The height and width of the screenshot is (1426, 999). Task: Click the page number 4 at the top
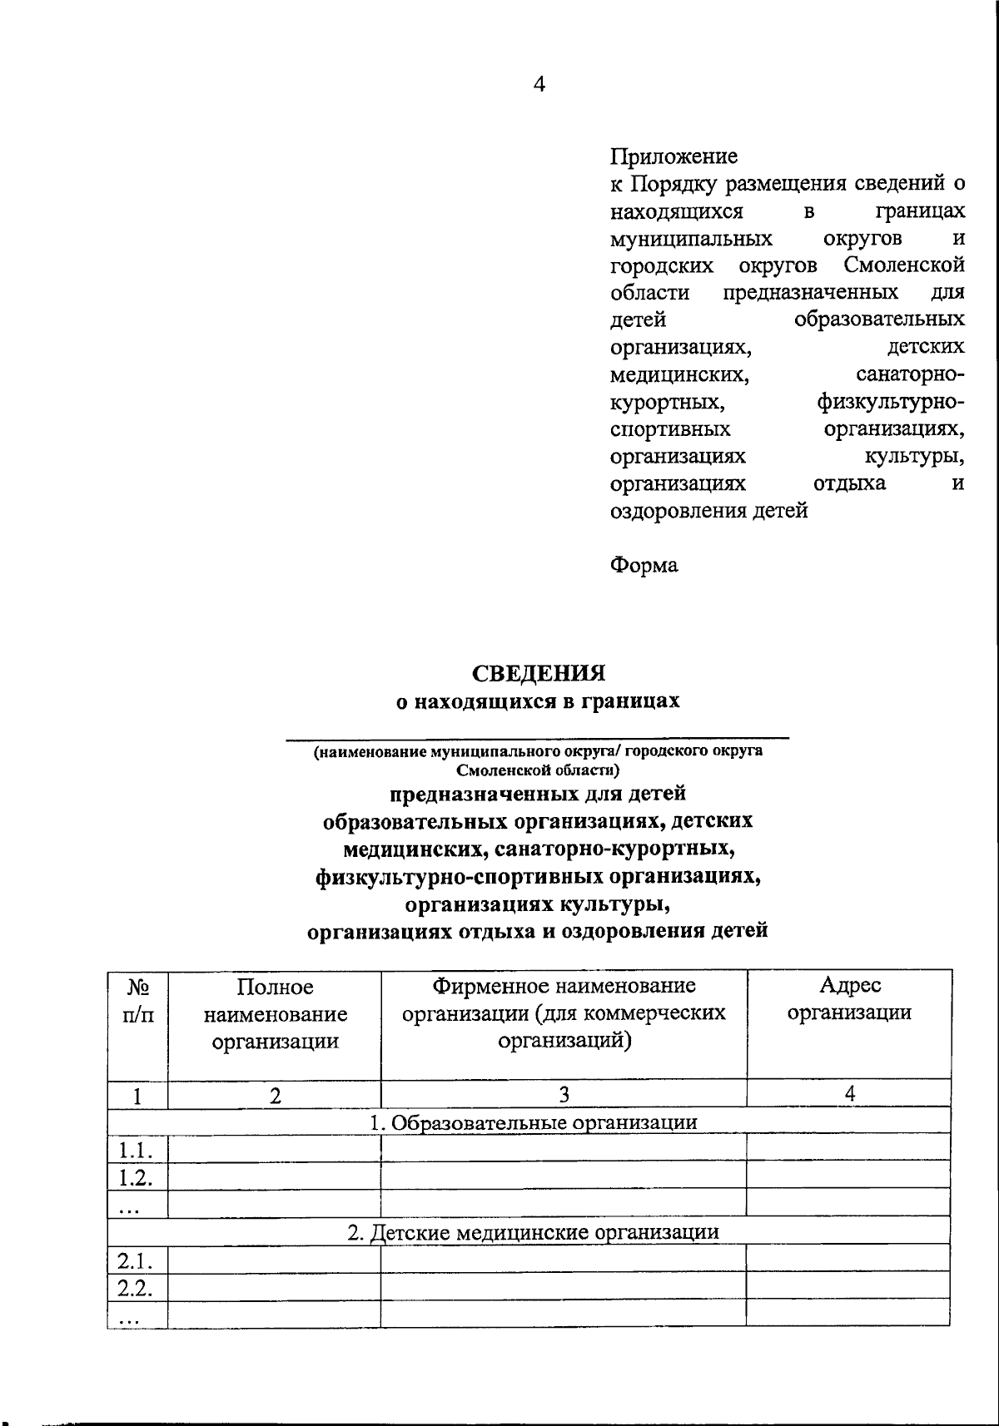(x=539, y=84)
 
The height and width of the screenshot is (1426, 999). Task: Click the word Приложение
(x=673, y=156)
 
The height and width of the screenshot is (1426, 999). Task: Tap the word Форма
(x=644, y=566)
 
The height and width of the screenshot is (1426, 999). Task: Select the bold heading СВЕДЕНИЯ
(x=538, y=672)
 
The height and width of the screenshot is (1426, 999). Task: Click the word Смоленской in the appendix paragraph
(x=903, y=265)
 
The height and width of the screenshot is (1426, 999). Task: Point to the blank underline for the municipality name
(x=538, y=735)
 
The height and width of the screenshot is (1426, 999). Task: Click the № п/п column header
(x=138, y=1001)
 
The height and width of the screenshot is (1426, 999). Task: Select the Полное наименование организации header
(x=275, y=1014)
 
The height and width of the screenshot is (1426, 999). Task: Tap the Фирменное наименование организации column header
(x=564, y=1013)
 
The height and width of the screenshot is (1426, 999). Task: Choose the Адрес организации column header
(x=849, y=999)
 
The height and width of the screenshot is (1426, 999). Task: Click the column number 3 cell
(x=564, y=1094)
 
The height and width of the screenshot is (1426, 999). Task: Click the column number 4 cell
(x=849, y=1094)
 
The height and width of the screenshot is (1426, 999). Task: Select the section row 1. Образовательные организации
(x=533, y=1121)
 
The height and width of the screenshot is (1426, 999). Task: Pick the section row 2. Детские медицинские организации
(x=533, y=1231)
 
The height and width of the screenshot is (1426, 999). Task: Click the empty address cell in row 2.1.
(x=847, y=1258)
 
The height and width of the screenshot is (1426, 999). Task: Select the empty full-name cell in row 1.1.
(x=274, y=1149)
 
